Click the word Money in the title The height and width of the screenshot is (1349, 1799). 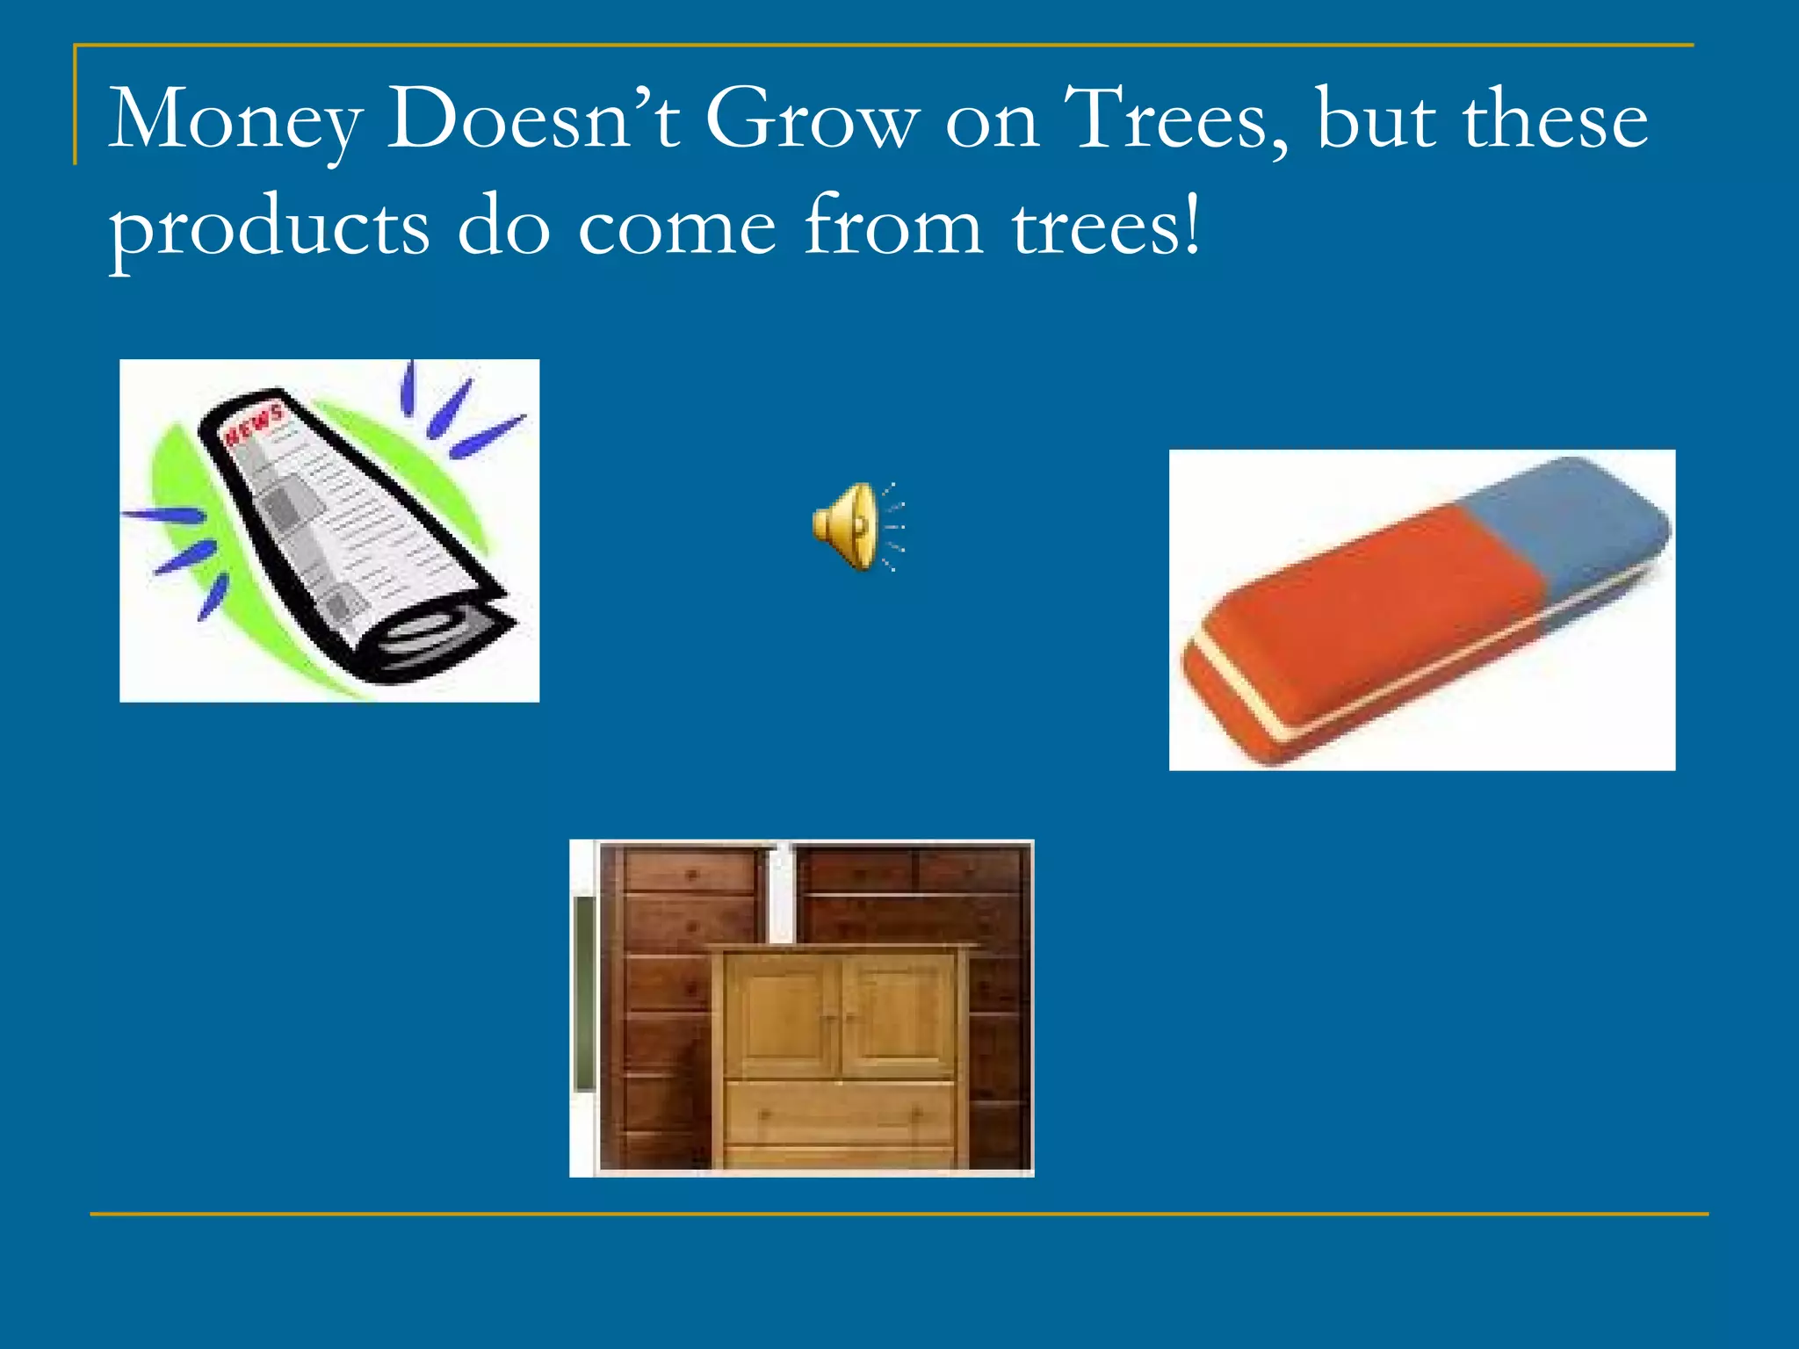point(235,121)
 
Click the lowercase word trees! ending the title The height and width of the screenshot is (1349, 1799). point(1105,227)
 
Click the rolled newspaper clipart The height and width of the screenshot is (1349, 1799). point(351,536)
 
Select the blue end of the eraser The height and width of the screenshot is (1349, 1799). point(1572,518)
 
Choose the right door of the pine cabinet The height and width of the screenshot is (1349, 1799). point(898,1014)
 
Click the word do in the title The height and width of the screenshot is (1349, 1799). point(503,227)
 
